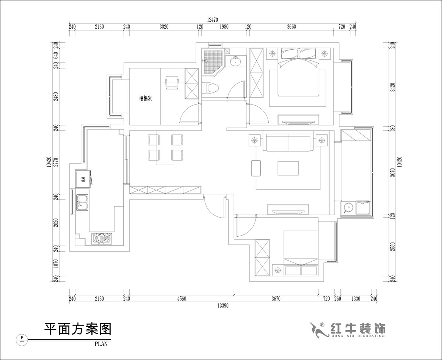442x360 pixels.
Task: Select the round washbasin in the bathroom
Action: coord(235,61)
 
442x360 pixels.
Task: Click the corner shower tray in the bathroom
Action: coord(211,59)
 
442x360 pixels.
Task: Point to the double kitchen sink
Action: coord(83,202)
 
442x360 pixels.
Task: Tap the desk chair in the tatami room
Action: coord(172,82)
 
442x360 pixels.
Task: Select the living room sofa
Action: coord(288,143)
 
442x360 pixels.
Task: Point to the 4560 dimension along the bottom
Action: coord(181,299)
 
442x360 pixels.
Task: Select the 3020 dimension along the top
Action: coord(164,27)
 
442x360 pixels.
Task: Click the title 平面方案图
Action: coord(77,329)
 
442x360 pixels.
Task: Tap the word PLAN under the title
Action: coord(100,344)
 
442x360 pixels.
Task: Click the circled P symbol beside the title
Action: coord(22,337)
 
